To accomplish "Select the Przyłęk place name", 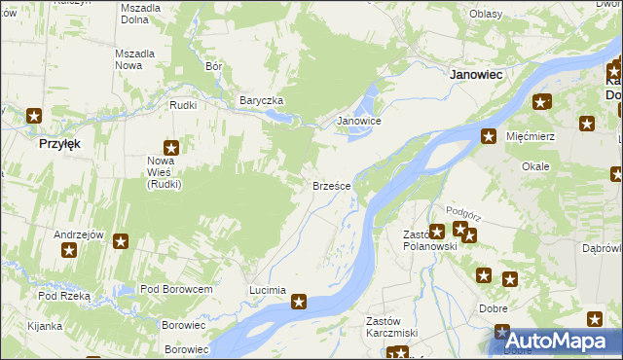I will click(x=59, y=143).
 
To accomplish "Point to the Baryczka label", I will click(x=261, y=100).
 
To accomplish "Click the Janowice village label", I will click(x=358, y=121).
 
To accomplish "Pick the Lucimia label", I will click(x=268, y=290).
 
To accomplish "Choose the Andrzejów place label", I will click(x=79, y=234).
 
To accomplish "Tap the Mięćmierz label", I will click(x=531, y=136).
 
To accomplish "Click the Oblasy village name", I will click(x=485, y=14).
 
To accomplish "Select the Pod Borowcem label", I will click(x=176, y=289).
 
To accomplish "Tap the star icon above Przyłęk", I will click(x=34, y=116).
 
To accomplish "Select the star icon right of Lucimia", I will click(x=300, y=302).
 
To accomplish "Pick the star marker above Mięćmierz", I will click(x=490, y=136).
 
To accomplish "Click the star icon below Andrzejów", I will click(x=69, y=251).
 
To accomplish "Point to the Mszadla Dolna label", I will click(x=140, y=13).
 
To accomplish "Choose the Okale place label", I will click(x=535, y=166).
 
